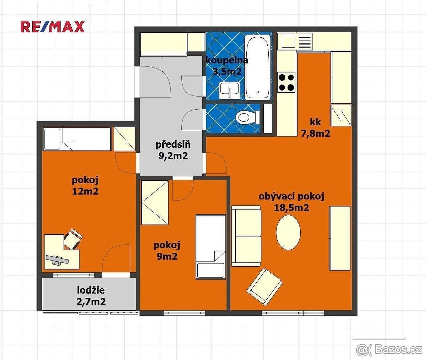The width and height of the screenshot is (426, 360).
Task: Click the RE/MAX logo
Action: click(x=53, y=27)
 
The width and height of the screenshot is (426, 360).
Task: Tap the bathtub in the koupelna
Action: click(x=257, y=67)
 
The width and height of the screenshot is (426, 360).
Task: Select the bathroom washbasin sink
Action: click(x=230, y=91)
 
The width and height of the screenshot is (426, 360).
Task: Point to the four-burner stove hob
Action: click(x=286, y=82)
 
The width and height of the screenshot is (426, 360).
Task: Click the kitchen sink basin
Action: click(x=289, y=42)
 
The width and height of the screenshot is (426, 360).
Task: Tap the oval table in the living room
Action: click(x=288, y=233)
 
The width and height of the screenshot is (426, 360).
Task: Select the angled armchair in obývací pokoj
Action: click(x=264, y=287)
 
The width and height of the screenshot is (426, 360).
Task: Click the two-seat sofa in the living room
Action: click(x=246, y=236)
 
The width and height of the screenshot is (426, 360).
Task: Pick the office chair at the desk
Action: click(x=73, y=239)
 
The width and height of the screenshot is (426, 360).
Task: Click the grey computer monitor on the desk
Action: click(x=57, y=260)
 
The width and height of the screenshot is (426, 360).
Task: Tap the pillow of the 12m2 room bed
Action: click(x=52, y=139)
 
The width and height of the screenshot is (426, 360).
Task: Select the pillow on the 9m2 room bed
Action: click(x=211, y=270)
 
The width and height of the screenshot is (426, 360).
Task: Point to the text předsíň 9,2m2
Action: click(x=173, y=151)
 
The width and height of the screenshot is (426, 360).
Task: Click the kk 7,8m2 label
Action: click(x=316, y=128)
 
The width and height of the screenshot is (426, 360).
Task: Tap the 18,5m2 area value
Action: click(x=291, y=208)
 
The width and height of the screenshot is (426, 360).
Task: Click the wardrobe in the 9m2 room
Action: click(x=155, y=203)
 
